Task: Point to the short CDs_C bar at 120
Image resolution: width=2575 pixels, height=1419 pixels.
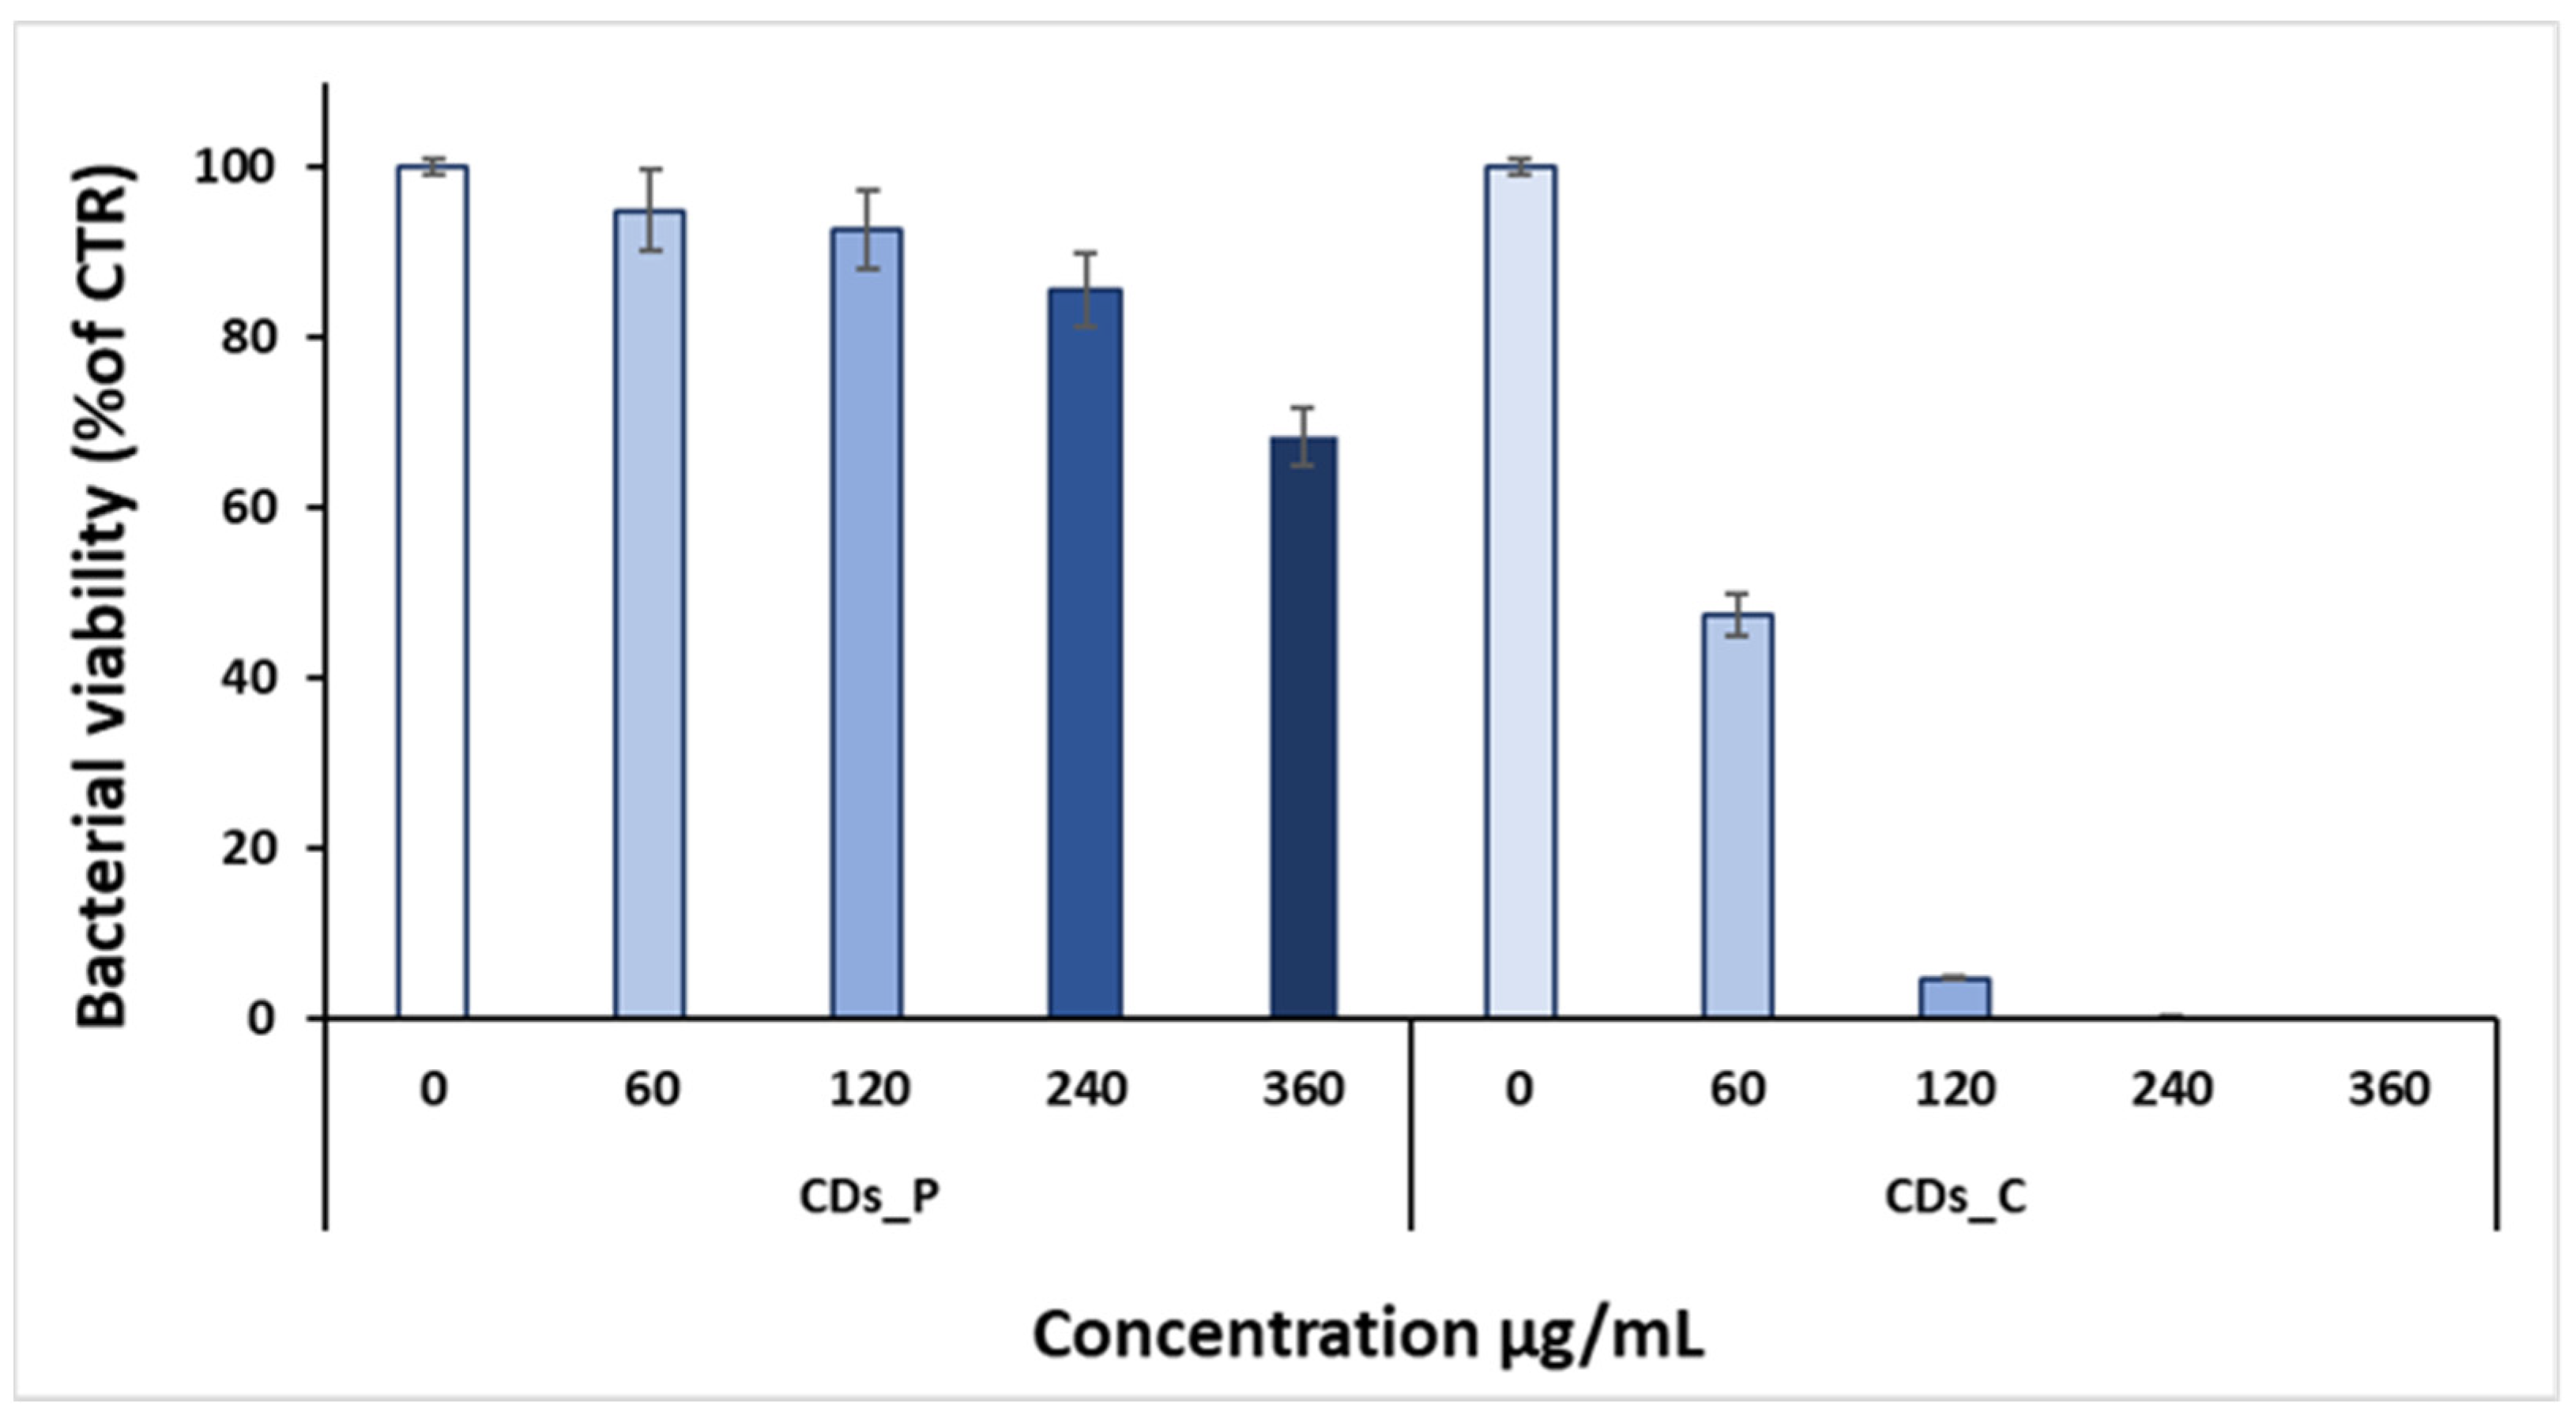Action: click(1954, 997)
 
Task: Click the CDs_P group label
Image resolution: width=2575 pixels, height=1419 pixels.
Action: click(868, 1197)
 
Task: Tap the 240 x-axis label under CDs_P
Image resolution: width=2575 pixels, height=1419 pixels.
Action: click(1086, 1088)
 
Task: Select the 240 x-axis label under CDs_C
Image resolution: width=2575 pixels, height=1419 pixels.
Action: click(2171, 1088)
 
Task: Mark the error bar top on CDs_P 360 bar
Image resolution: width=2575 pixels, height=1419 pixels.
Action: click(1302, 407)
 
